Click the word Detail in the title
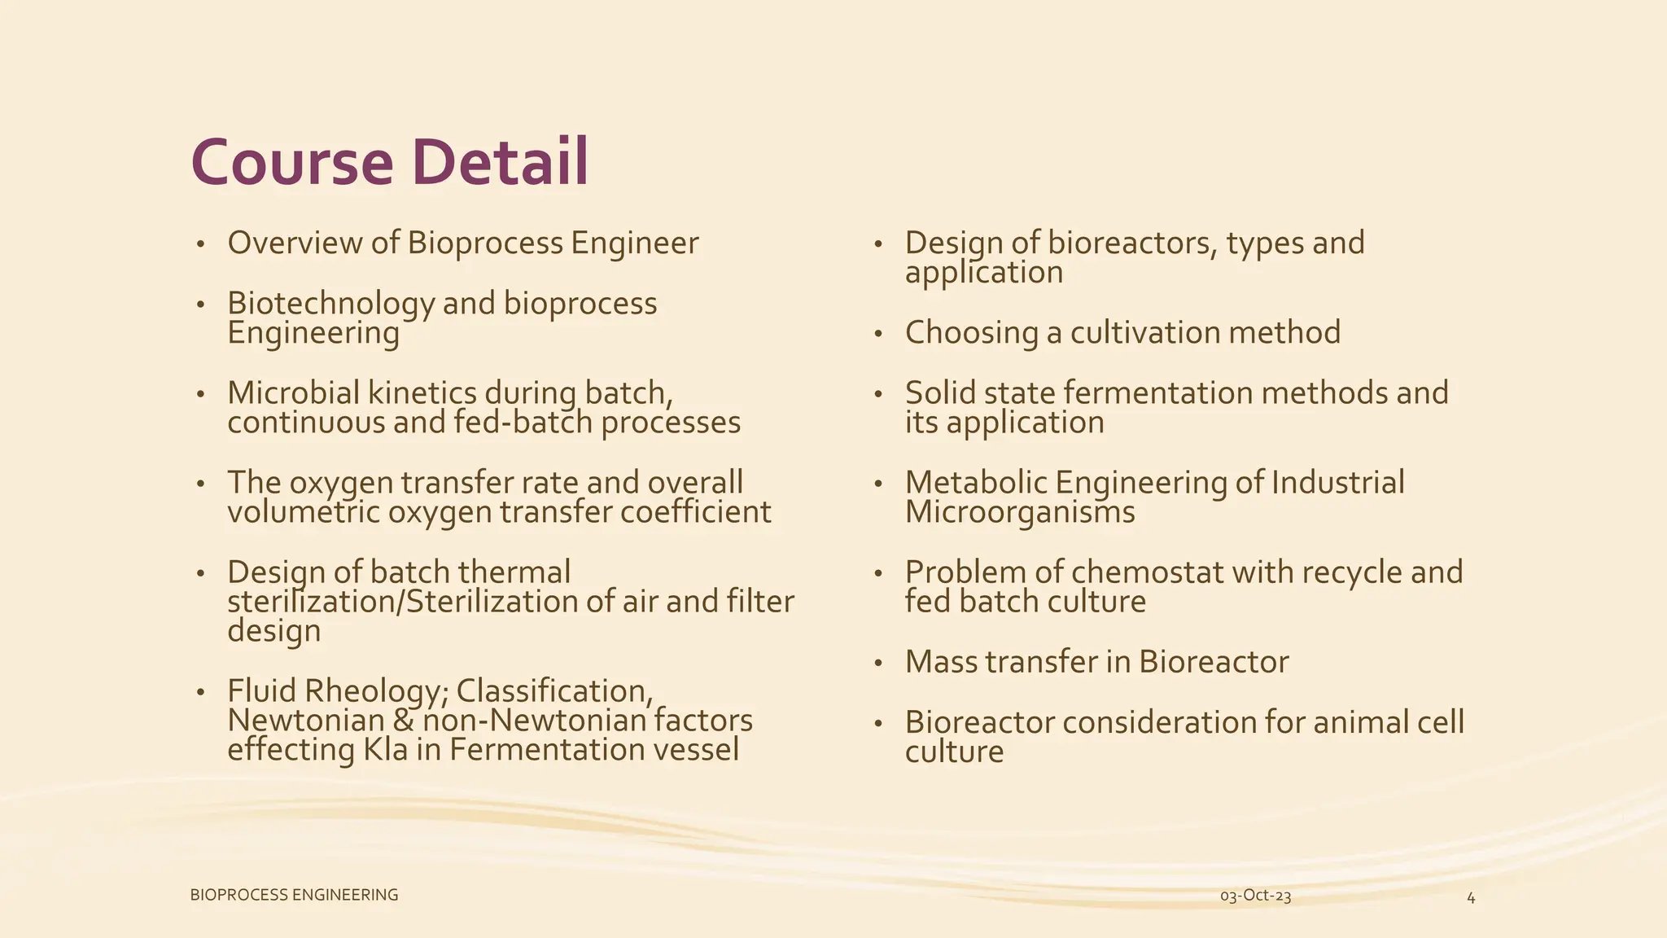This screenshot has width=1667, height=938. tap(500, 163)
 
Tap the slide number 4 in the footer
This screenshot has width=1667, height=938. tap(1471, 897)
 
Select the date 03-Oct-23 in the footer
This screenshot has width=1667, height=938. tap(1255, 896)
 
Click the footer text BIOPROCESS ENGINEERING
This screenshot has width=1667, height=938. tap(294, 895)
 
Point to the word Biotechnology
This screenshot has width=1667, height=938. tap(330, 304)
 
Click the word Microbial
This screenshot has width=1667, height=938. tap(293, 393)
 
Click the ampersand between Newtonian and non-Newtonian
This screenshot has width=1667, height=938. tap(403, 721)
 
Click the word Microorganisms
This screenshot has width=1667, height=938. tap(1019, 512)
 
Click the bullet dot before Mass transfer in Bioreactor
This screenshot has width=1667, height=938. tap(878, 664)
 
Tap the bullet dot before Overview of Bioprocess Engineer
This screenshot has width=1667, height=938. tap(200, 244)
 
